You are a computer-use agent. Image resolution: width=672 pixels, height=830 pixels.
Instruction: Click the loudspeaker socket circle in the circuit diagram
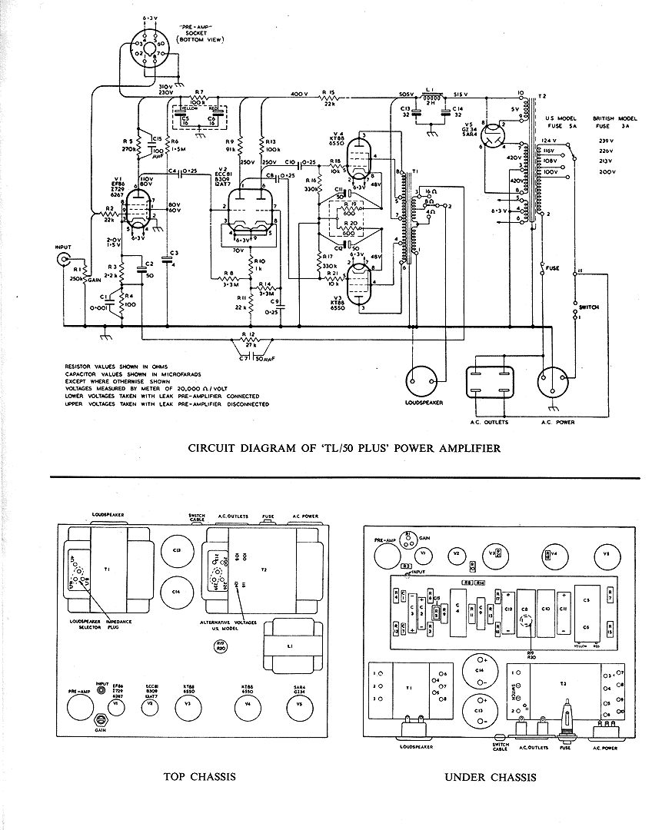coord(424,381)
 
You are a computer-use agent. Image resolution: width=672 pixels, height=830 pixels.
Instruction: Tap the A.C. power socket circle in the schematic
coord(554,382)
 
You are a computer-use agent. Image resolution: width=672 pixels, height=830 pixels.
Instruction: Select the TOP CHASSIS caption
coord(199,776)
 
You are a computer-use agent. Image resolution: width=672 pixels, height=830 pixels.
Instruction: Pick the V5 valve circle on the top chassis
coord(301,704)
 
